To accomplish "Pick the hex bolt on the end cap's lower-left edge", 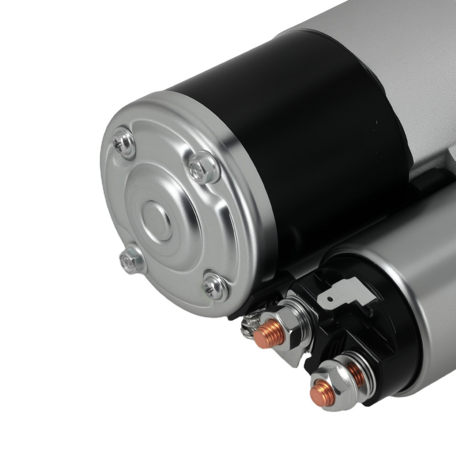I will point(131,260).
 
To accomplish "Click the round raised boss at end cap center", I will point(156,222).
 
